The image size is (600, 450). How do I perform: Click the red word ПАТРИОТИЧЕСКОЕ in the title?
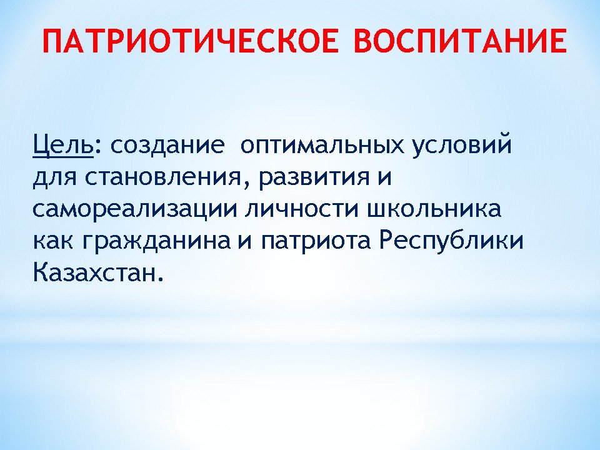(191, 41)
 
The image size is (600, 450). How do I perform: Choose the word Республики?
(451, 241)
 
